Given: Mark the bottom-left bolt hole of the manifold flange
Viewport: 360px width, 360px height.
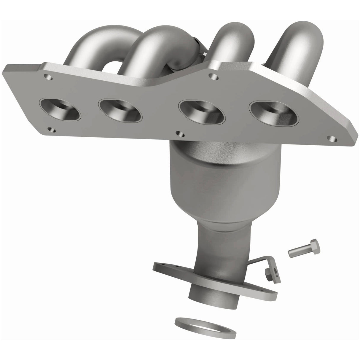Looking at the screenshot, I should pyautogui.click(x=52, y=130).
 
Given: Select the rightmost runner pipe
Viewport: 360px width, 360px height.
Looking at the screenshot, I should pyautogui.click(x=294, y=44).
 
